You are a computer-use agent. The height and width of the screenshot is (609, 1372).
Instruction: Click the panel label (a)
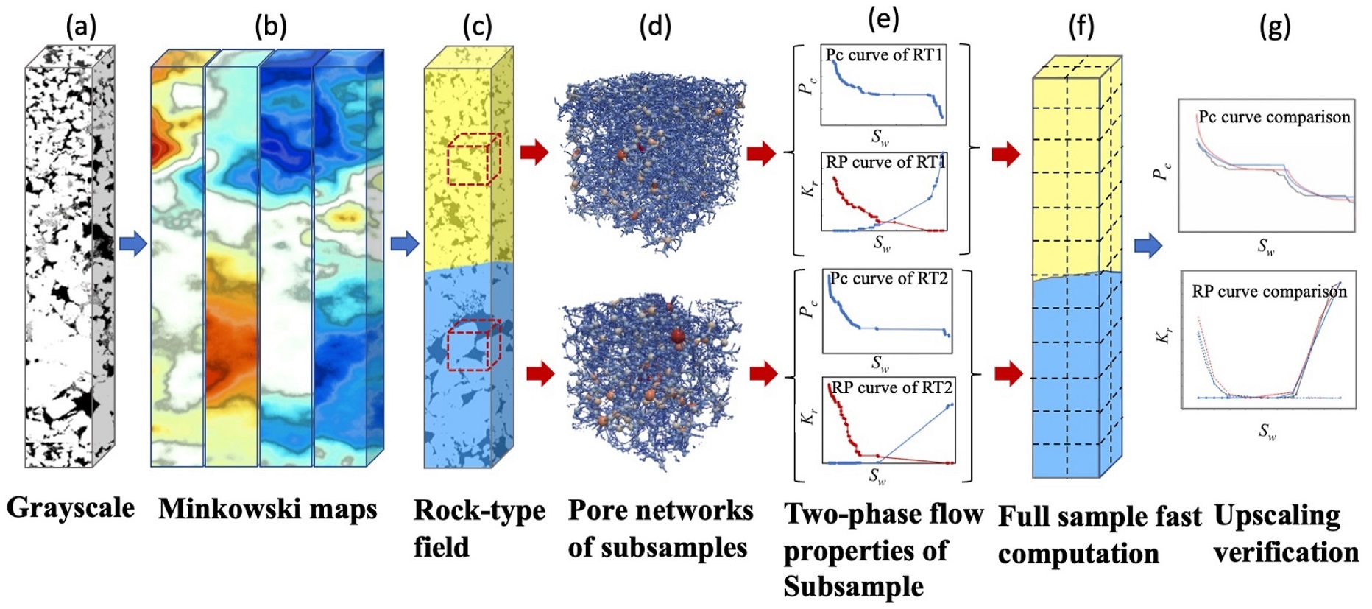pos(81,27)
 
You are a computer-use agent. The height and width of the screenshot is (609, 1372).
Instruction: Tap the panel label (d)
pos(654,27)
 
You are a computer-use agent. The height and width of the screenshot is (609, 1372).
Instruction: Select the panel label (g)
pos(1275,27)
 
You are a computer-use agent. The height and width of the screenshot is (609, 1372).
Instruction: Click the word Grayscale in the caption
pos(71,508)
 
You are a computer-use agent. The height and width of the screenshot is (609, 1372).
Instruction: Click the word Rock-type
pos(479,510)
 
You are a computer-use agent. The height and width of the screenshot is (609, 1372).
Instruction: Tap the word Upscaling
pos(1277,515)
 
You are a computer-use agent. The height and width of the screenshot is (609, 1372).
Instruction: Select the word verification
pos(1286,552)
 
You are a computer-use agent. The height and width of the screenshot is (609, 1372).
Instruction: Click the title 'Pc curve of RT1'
pos(883,55)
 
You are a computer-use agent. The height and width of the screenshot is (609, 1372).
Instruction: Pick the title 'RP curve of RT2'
pos(891,388)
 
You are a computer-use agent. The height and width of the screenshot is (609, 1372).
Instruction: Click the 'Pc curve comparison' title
pos(1274,117)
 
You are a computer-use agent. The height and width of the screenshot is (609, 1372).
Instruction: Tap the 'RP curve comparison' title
pos(1269,292)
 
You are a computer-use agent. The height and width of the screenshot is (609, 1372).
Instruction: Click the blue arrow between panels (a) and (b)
pos(132,243)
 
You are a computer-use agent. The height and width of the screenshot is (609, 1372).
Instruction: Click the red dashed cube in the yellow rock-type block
pos(473,159)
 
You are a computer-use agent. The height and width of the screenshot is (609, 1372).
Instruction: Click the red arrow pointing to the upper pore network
pos(534,152)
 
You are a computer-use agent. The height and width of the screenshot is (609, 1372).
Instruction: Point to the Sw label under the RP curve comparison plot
pos(1267,432)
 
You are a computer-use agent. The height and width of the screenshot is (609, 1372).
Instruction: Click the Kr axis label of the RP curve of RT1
pos(808,189)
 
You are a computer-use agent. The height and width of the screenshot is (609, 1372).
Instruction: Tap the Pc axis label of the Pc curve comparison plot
pos(1161,172)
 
